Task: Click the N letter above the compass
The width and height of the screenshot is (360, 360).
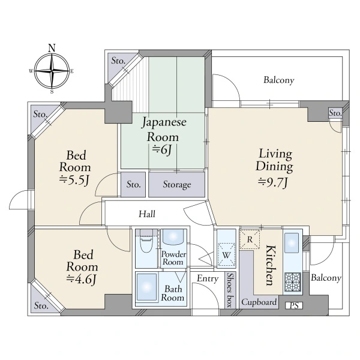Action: [52, 48]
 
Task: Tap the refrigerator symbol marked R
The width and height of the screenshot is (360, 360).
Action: [250, 239]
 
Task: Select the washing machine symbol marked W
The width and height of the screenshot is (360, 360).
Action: [226, 254]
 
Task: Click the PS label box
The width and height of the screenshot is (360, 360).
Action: [294, 305]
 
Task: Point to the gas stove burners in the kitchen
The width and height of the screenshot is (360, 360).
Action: [293, 282]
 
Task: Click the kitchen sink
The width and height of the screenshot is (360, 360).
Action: [292, 242]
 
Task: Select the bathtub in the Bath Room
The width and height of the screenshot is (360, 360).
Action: [146, 287]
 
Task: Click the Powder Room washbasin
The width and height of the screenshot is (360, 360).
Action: [173, 237]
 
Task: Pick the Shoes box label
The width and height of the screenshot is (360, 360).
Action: [230, 290]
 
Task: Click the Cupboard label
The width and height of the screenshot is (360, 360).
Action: [259, 302]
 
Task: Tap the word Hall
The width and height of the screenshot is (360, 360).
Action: [147, 214]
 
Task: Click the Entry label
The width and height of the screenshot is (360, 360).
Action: [208, 278]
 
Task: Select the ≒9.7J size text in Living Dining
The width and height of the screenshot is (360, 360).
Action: [273, 182]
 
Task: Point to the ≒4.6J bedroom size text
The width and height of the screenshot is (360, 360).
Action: [81, 280]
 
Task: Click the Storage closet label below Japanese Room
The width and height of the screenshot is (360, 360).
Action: [177, 184]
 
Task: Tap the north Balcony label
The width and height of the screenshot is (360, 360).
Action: [279, 80]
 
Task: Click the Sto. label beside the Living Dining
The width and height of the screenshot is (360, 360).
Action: [335, 113]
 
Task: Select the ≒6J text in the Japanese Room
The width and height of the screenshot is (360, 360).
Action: [162, 149]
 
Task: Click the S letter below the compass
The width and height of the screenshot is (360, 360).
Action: [52, 92]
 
